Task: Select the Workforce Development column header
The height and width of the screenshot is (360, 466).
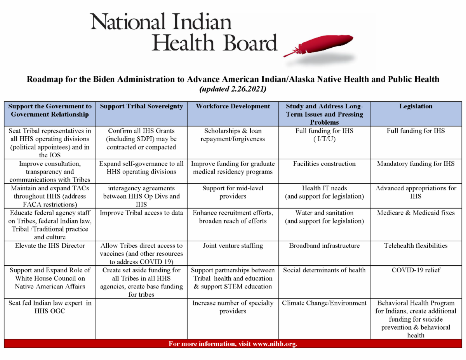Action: click(x=233, y=106)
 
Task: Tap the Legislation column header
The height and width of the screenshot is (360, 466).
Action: click(x=416, y=106)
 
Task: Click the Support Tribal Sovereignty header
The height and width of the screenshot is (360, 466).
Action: click(x=141, y=106)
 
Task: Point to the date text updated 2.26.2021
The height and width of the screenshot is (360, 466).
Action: click(x=233, y=89)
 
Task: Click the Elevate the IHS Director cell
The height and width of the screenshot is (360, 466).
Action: click(x=50, y=245)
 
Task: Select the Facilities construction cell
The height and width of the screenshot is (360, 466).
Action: click(x=324, y=163)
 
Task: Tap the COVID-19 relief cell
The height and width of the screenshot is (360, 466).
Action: click(x=416, y=270)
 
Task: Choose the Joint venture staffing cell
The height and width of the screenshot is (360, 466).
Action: click(x=233, y=245)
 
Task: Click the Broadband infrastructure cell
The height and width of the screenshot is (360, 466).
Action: click(x=324, y=245)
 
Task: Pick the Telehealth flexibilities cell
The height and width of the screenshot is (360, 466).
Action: click(x=416, y=245)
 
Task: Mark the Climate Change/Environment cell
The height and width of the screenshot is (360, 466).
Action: click(x=324, y=303)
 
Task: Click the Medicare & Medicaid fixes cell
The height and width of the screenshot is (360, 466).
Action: click(x=416, y=213)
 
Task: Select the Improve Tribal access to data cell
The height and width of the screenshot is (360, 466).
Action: click(x=141, y=213)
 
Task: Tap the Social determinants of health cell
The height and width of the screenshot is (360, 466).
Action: click(x=324, y=270)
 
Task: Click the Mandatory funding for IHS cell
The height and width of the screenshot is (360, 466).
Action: click(x=416, y=163)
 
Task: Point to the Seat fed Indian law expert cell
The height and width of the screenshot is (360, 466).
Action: click(x=50, y=307)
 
